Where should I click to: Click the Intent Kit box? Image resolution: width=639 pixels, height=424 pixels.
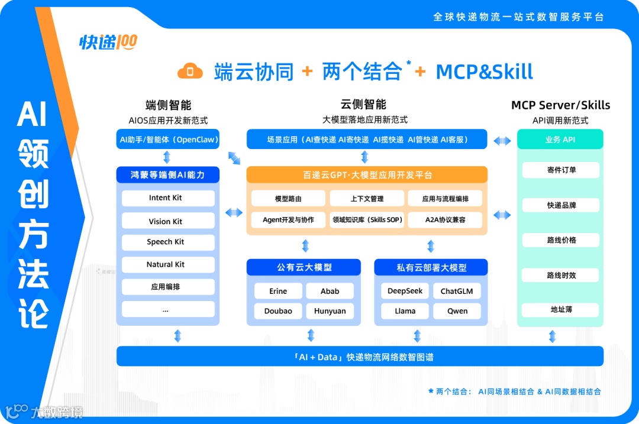coord(168,198)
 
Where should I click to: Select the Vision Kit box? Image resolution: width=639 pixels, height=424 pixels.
coord(168,221)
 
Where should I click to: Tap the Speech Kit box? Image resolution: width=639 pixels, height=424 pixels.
coord(168,242)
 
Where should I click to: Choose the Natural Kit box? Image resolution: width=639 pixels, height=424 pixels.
coord(168,265)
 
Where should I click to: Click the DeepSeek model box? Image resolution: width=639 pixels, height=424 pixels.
coord(405,291)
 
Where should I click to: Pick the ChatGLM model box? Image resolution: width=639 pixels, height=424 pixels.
coord(457,291)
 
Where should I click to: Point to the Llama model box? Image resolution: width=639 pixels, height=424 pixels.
coord(405,311)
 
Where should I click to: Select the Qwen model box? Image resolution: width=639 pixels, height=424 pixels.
coord(457,311)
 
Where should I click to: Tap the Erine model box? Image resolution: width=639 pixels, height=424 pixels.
coord(278,291)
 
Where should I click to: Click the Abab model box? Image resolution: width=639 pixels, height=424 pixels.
coord(330,291)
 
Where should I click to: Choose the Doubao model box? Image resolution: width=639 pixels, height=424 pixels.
coord(278,311)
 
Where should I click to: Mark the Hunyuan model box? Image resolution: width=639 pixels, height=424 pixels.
coord(330,311)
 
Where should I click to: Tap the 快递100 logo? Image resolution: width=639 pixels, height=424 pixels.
coord(108,42)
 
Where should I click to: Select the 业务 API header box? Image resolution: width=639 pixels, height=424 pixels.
coord(560,140)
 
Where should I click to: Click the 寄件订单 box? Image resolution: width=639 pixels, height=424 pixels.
coord(561,170)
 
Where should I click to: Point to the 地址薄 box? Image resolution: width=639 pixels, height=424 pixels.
coord(561,310)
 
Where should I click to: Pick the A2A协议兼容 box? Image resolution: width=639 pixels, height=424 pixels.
coord(445,220)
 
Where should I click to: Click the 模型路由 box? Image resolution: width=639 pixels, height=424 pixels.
coord(289,199)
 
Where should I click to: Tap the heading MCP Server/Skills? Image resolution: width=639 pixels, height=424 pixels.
coord(560,105)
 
